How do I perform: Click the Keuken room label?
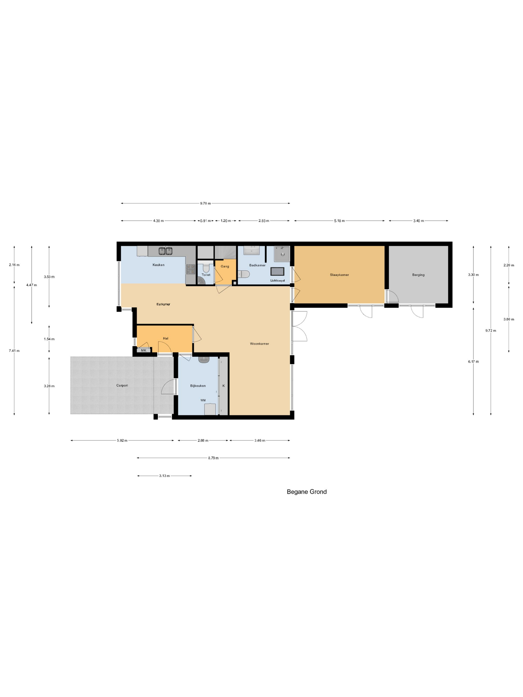[158, 265]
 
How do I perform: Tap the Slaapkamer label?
[339, 275]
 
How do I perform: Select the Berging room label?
[418, 275]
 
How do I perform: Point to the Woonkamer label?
[260, 344]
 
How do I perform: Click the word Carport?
[122, 385]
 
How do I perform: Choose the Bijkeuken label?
[198, 386]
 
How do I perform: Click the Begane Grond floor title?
[306, 492]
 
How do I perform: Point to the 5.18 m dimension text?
[339, 221]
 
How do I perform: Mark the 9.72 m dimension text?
[491, 331]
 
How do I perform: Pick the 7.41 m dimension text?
[14, 351]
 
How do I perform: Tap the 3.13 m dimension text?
[164, 476]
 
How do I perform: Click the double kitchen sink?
[165, 251]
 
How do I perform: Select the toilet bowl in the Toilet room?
[206, 268]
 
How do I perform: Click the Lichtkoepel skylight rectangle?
[277, 271]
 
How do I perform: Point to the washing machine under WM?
[210, 410]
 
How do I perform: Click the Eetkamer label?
[163, 304]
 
